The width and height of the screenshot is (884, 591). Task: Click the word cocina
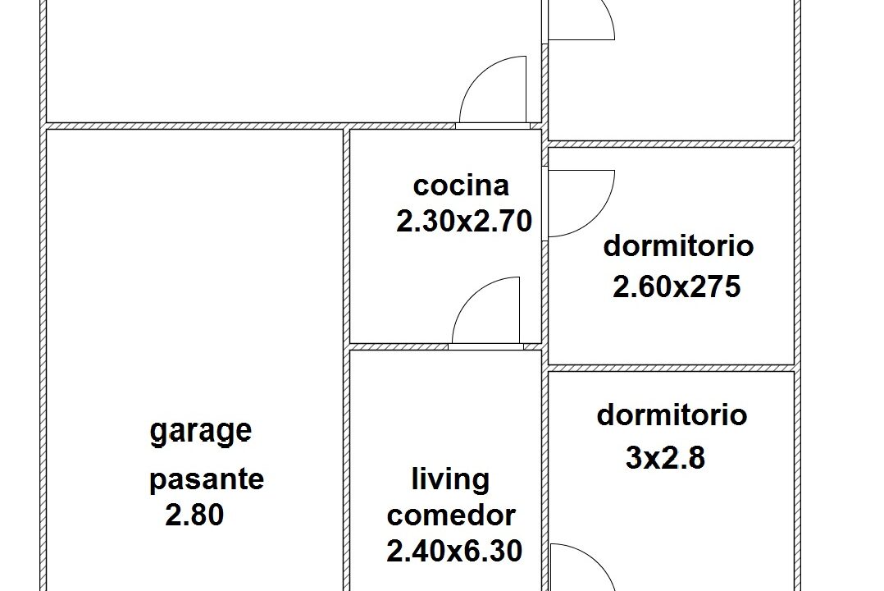click(461, 186)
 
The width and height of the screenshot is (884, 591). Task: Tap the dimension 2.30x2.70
click(464, 221)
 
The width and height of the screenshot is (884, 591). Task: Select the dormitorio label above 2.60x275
click(678, 245)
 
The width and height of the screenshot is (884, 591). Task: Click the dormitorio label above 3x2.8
click(672, 415)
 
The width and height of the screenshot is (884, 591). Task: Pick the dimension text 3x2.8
click(665, 457)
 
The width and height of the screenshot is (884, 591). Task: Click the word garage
click(201, 431)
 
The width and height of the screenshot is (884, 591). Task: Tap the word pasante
click(207, 479)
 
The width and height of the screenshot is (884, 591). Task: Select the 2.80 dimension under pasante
click(194, 515)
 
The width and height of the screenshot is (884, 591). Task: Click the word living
click(450, 479)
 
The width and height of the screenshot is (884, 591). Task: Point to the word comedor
click(451, 515)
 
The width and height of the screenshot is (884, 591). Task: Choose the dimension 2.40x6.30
click(454, 551)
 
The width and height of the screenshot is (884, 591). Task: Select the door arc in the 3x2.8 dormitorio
click(581, 566)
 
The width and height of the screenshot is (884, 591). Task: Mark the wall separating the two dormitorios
click(671, 368)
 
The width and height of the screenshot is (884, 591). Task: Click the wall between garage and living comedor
click(347, 468)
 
